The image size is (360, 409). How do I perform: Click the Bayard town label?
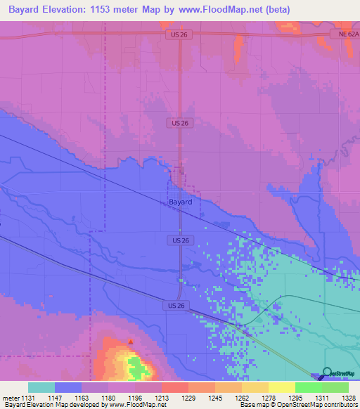[181, 201]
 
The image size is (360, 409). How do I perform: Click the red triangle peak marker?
[130, 342]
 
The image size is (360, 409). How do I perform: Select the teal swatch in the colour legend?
[41, 387]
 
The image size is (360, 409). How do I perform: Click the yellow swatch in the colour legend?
[281, 387]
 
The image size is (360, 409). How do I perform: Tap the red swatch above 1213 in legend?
[174, 387]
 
